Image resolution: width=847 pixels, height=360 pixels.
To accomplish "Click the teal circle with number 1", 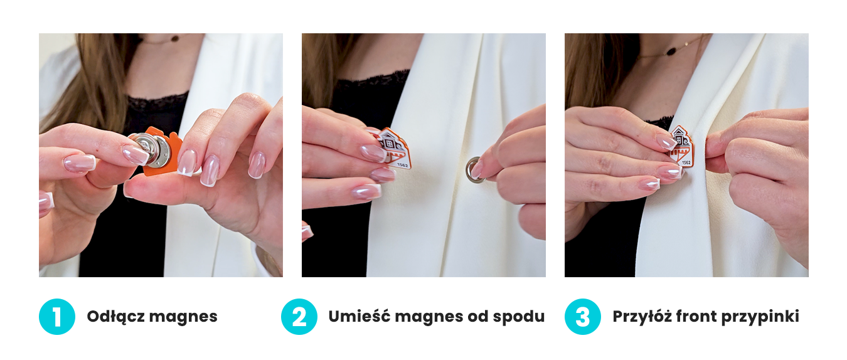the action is tap(56, 317).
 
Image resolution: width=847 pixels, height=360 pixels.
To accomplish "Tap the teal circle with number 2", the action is tap(299, 317).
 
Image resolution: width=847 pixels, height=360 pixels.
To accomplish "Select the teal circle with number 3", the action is tap(583, 317).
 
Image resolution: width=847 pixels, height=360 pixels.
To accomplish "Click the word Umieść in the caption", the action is tap(359, 316).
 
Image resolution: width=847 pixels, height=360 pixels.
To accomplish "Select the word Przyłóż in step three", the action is tap(642, 317).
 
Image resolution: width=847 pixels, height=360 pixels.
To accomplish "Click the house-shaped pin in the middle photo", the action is tap(393, 149).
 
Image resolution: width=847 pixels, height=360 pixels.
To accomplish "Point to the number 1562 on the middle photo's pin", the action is tap(403, 165).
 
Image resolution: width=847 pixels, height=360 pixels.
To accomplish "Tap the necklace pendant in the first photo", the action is tap(174, 38).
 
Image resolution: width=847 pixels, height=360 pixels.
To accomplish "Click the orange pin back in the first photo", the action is tap(162, 151).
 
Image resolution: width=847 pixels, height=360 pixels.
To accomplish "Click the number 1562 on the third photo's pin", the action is tap(686, 162).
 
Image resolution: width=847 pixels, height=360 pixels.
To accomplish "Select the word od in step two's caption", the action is tap(478, 317).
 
